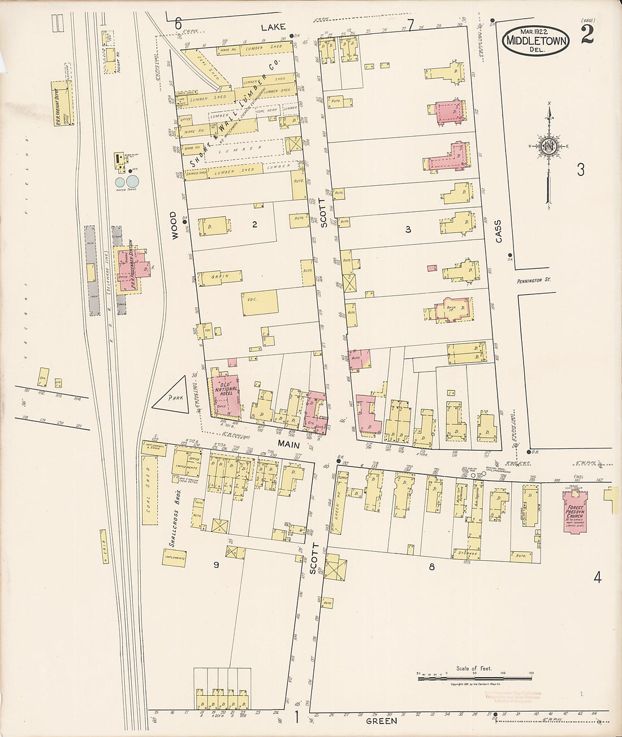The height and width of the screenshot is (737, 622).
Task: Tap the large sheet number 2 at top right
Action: pos(586,35)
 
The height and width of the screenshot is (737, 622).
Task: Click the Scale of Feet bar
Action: pos(475,677)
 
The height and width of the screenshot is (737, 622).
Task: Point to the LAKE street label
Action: pos(274,27)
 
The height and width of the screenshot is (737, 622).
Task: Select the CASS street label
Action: pos(498,232)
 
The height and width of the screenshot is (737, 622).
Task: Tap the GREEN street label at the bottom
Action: pos(381,721)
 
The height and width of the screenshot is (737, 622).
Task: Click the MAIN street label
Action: pos(286,445)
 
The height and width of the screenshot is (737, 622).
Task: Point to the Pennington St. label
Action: pos(533,280)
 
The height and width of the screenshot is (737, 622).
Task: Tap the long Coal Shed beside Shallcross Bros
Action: pos(150,495)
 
